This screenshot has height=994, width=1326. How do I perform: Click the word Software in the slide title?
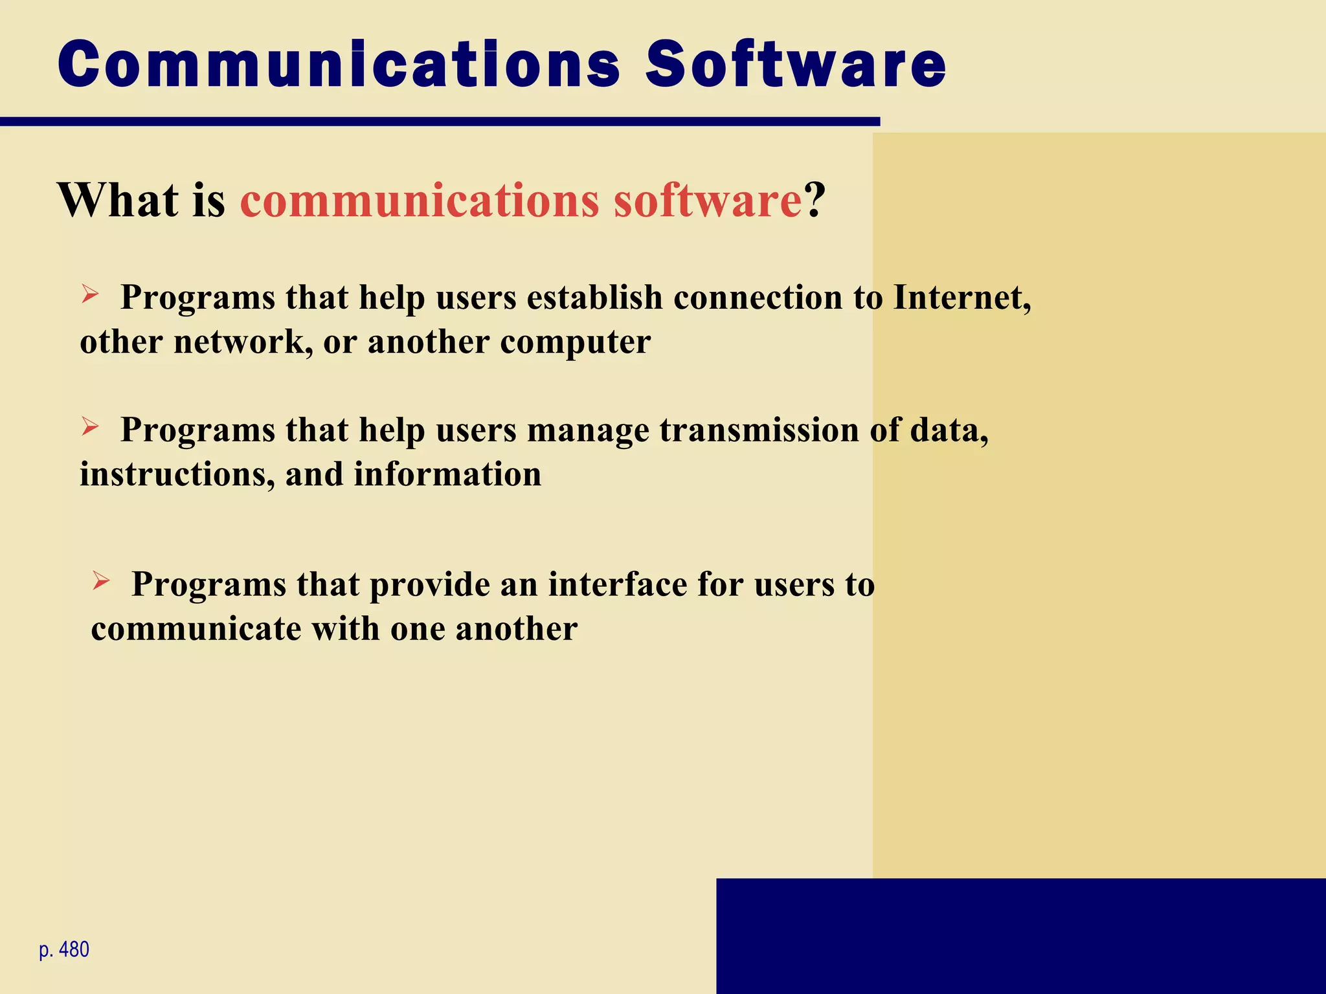[796, 64]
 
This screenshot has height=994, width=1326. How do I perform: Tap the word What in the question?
[117, 200]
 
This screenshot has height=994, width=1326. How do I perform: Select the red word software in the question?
[708, 200]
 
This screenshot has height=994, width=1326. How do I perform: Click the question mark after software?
[815, 200]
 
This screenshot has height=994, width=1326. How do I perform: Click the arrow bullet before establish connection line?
[90, 294]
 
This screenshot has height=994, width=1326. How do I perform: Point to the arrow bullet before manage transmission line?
[90, 426]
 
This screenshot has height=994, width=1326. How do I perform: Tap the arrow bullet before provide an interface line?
[101, 580]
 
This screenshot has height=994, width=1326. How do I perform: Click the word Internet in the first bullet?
[961, 298]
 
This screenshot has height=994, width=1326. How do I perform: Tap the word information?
[447, 474]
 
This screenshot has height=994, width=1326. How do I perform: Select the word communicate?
[196, 629]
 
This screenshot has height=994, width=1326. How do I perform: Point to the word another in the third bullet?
[516, 629]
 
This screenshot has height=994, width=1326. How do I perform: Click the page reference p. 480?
[64, 950]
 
